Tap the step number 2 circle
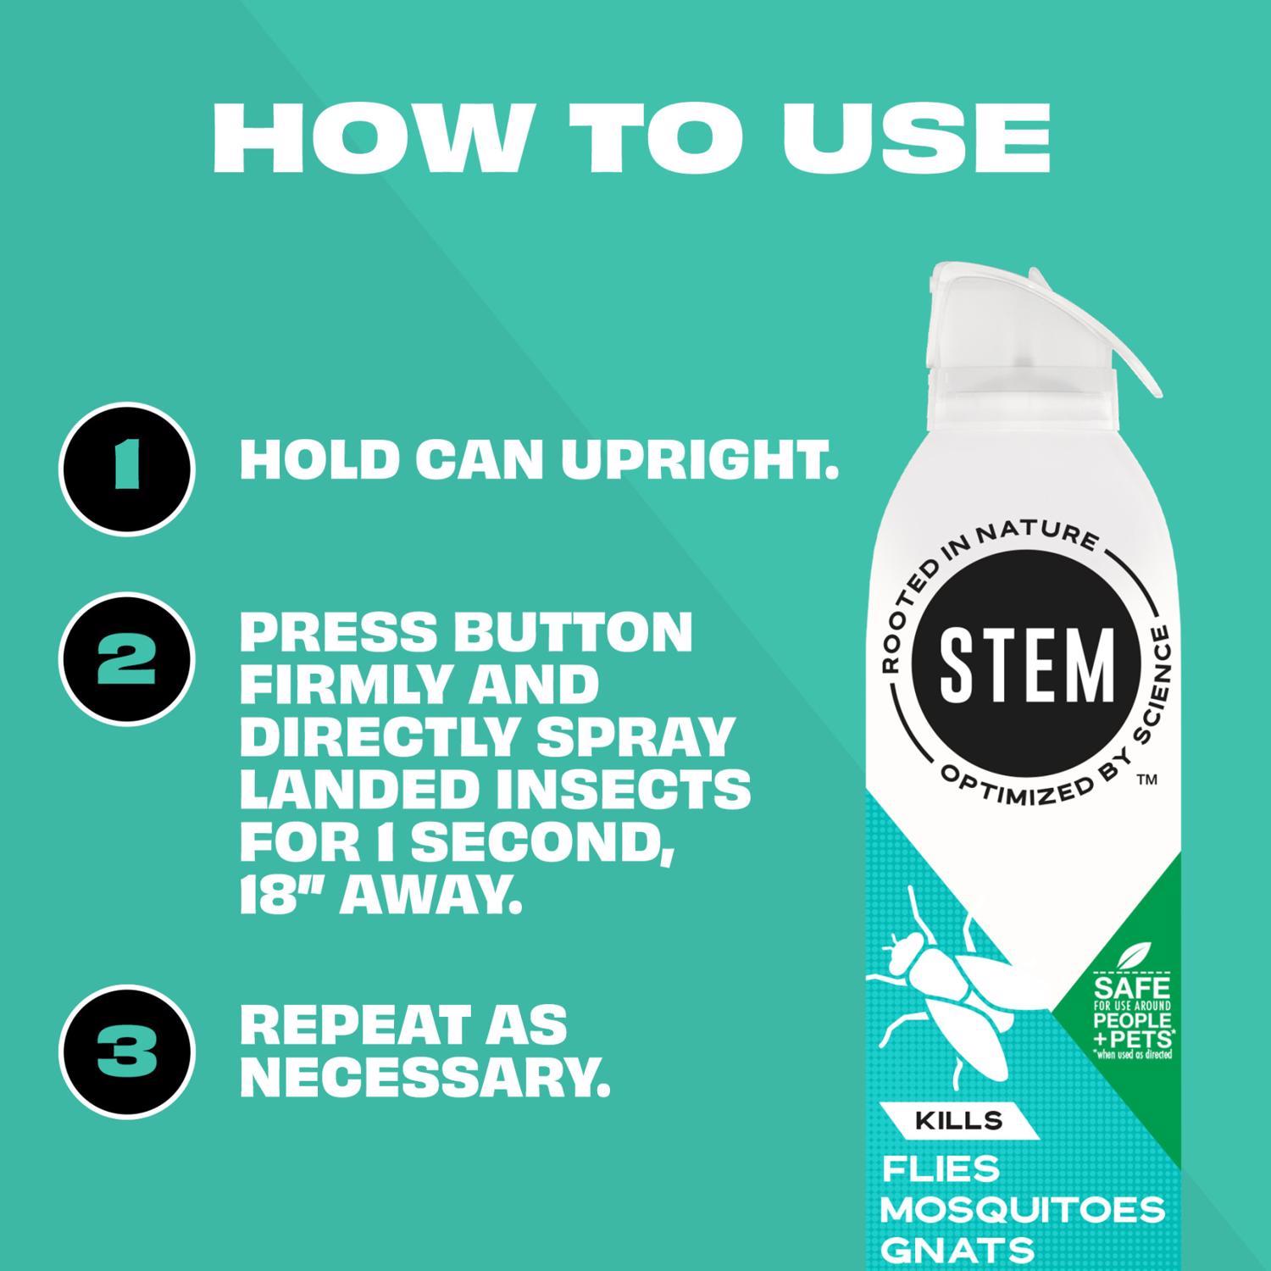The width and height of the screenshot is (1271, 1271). pyautogui.click(x=127, y=660)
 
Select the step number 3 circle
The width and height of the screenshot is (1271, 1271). pyautogui.click(x=127, y=1052)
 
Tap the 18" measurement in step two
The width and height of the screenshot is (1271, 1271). pyautogui.click(x=282, y=894)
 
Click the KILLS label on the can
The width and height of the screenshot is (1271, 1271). pyautogui.click(x=959, y=1120)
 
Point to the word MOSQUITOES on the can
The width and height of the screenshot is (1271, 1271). pyautogui.click(x=1022, y=1209)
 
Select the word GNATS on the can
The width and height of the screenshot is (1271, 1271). pyautogui.click(x=957, y=1249)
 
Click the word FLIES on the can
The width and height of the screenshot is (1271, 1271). pyautogui.click(x=941, y=1169)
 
